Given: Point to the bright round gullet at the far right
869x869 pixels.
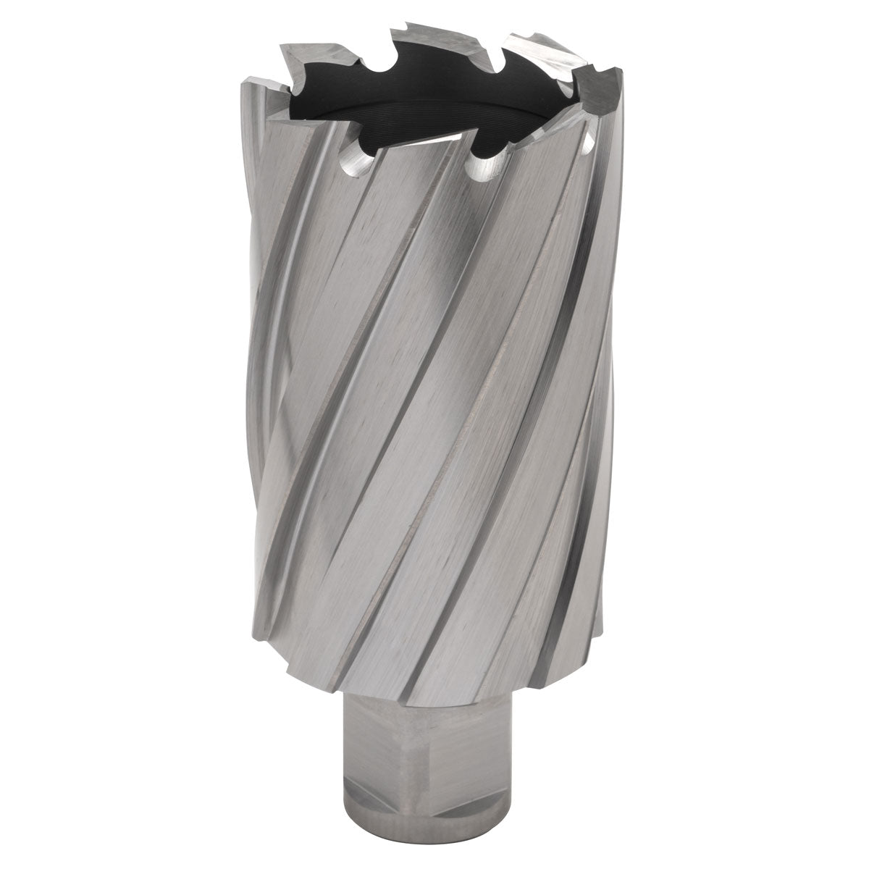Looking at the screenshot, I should click(587, 148).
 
